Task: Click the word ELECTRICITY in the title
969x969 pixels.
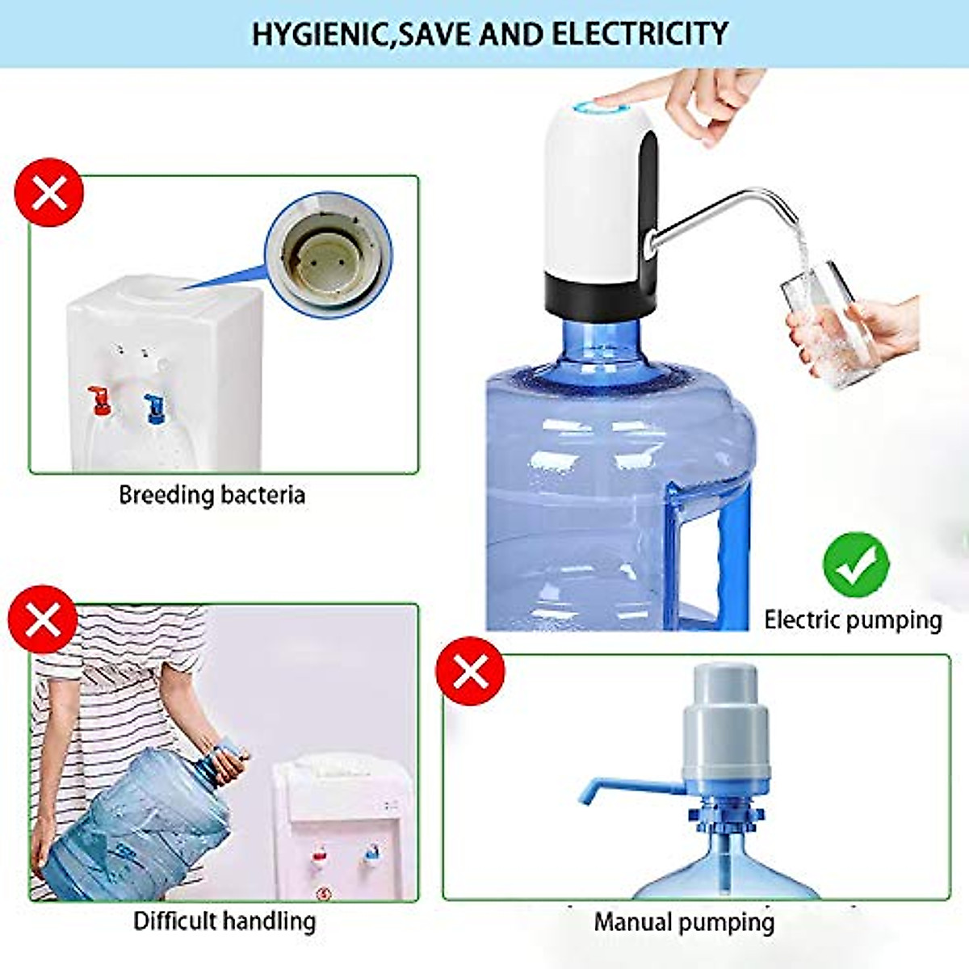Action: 640,35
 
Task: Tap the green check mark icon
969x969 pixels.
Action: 856,564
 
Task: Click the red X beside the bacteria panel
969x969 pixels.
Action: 49,193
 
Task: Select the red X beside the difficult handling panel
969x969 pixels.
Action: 42,620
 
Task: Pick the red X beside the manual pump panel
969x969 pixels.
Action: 470,671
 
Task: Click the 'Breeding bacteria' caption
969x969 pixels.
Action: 212,494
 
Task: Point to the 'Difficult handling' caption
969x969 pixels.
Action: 224,921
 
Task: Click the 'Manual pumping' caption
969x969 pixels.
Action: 684,922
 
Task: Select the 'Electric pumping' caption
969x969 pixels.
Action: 853,620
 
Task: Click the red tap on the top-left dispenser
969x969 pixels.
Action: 100,400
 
